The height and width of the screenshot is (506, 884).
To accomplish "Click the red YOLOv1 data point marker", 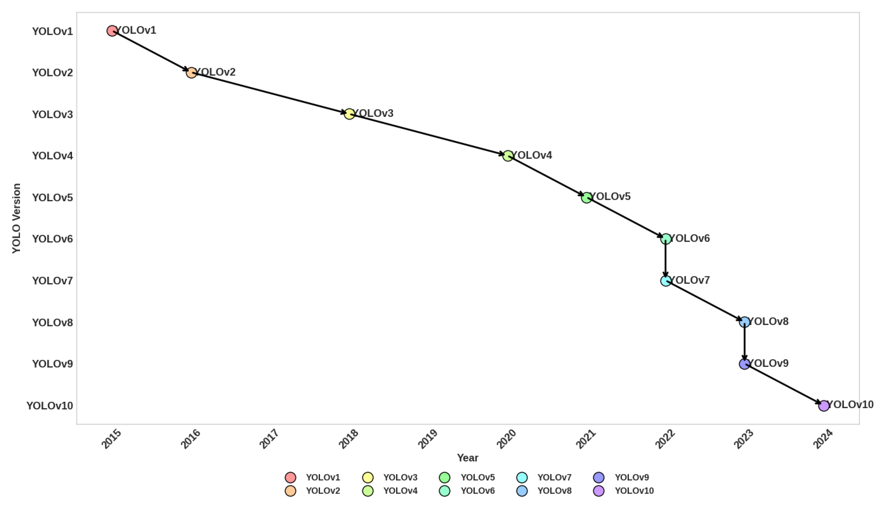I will pyautogui.click(x=112, y=31).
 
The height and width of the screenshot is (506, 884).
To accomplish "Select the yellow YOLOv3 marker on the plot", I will pyautogui.click(x=349, y=114).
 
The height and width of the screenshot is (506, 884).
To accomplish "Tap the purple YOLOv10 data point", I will pyautogui.click(x=824, y=406).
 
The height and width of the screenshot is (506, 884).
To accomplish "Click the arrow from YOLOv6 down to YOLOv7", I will pyautogui.click(x=665, y=259).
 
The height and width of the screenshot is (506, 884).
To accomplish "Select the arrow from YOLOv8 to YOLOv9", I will pyautogui.click(x=744, y=342).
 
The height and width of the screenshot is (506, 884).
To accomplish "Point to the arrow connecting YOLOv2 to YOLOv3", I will pyautogui.click(x=269, y=93).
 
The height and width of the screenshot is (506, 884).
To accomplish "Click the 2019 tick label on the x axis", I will pyautogui.click(x=427, y=439).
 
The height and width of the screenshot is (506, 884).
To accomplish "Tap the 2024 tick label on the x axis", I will pyautogui.click(x=823, y=439).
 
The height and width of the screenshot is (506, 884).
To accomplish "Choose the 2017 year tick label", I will pyautogui.click(x=269, y=439).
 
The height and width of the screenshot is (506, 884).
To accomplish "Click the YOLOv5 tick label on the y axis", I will pyautogui.click(x=52, y=198).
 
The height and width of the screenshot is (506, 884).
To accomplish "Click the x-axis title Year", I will pyautogui.click(x=467, y=458).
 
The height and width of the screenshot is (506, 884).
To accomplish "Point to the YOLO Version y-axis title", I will pyautogui.click(x=16, y=218).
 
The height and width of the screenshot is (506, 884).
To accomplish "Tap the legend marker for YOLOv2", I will pyautogui.click(x=290, y=491).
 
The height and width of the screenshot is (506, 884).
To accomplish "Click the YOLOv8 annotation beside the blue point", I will pyautogui.click(x=768, y=321).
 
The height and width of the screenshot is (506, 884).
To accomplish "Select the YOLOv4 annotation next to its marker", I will pyautogui.click(x=532, y=155).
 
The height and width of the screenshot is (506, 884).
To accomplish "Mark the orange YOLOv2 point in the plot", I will pyautogui.click(x=191, y=73).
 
